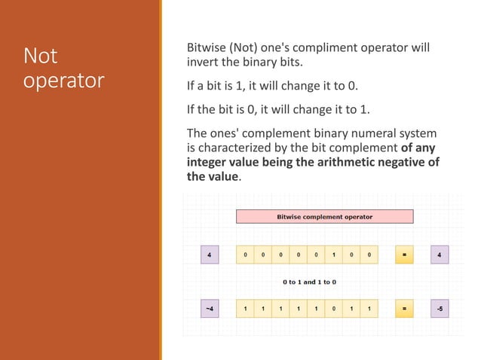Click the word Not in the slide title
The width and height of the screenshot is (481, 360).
41,56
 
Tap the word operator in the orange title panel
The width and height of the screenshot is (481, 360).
63,81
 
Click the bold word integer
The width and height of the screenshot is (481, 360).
210,163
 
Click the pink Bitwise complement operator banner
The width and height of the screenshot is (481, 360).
325,217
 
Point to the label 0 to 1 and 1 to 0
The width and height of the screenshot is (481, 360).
309,282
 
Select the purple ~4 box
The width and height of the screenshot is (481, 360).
209,309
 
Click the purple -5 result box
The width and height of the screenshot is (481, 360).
439,309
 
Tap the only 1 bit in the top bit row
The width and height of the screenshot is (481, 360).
333,255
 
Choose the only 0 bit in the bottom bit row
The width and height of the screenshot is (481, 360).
333,309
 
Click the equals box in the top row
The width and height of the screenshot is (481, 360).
404,255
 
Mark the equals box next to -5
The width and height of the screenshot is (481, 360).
404,309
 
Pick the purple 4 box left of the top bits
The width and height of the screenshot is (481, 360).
209,255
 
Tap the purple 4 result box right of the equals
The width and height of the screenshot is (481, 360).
439,255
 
